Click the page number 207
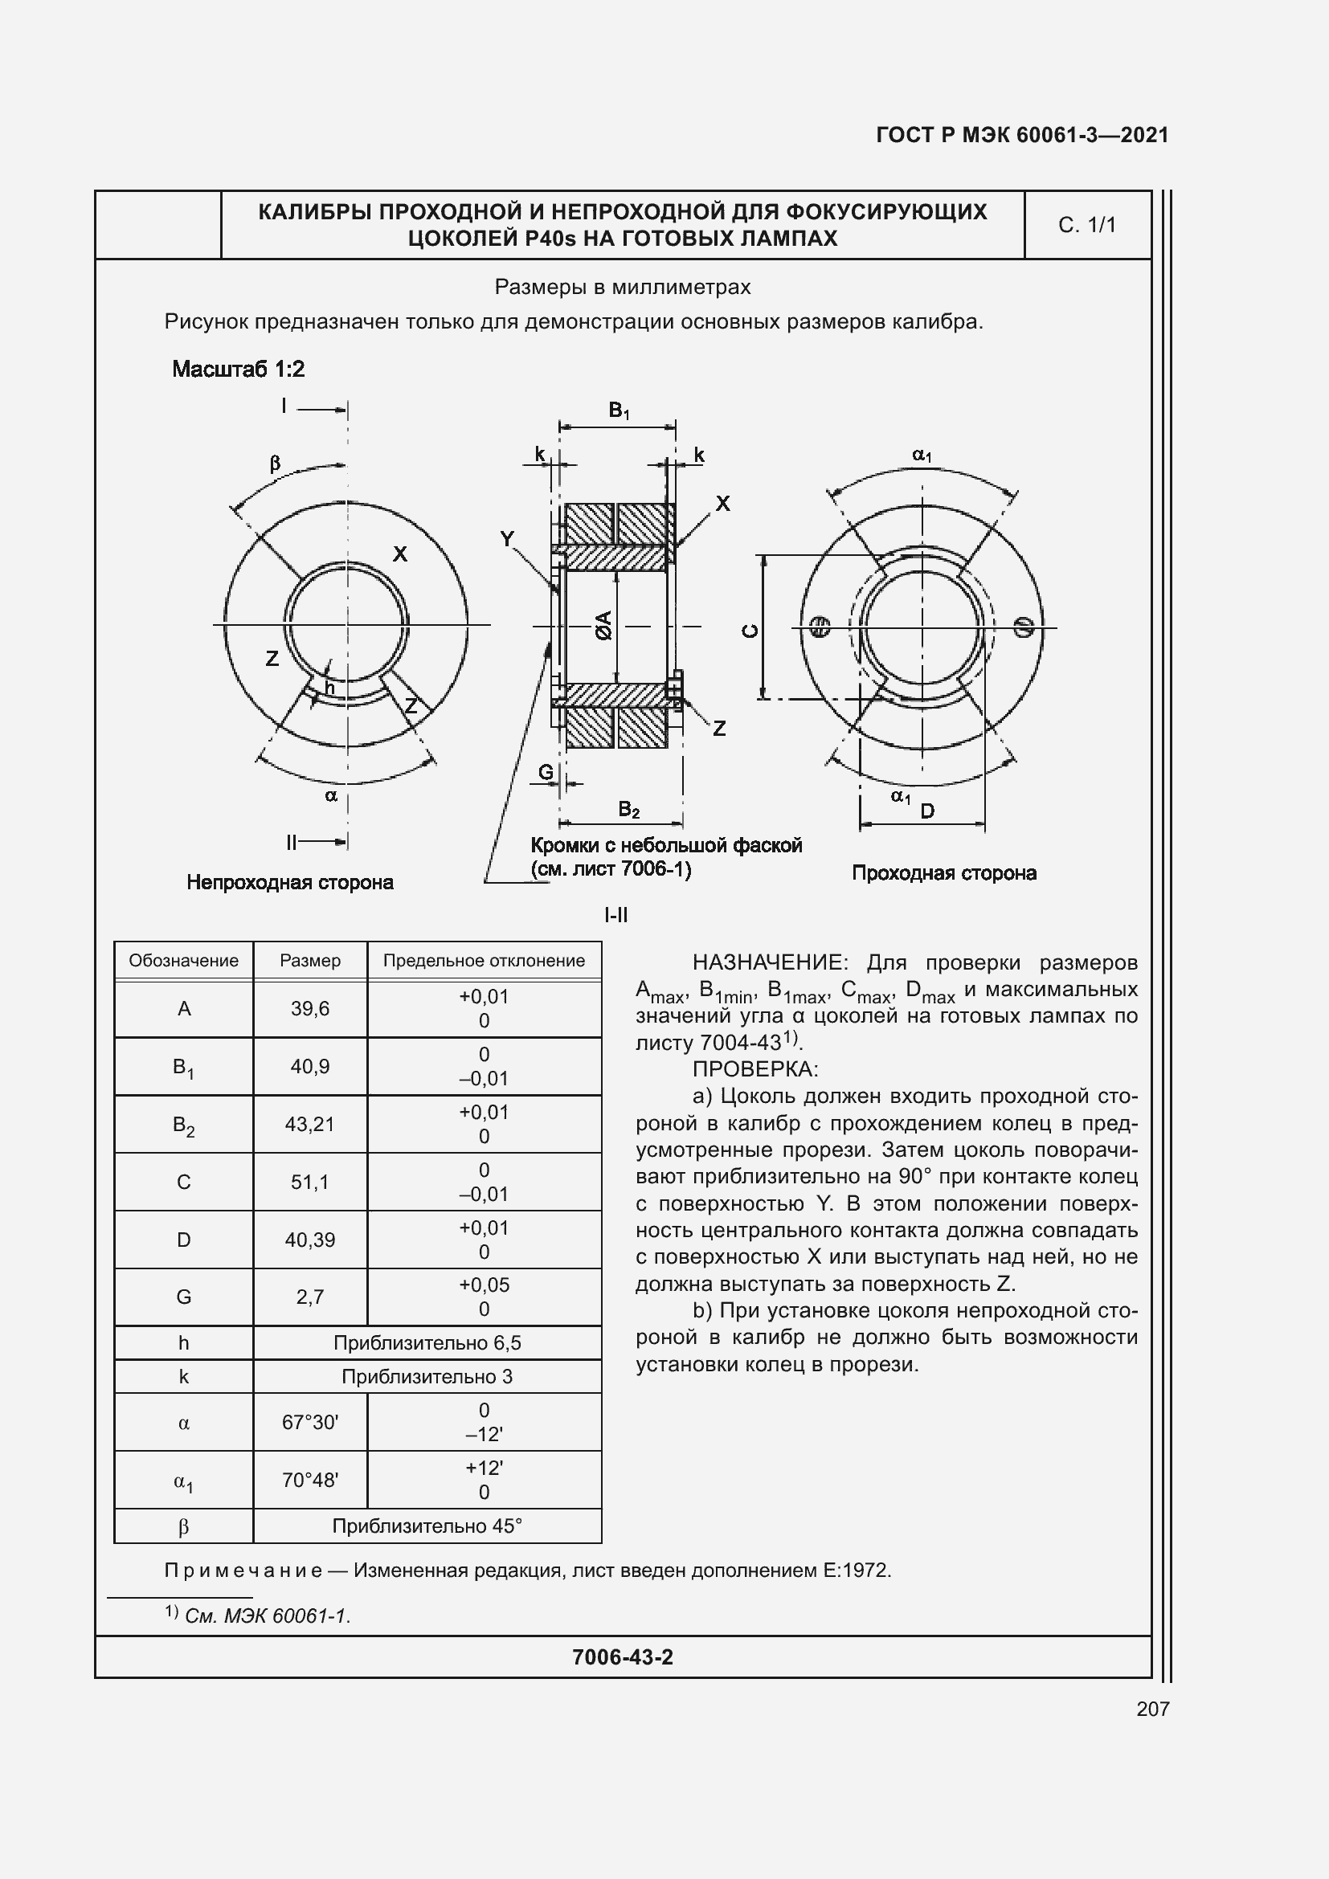point(1152,1708)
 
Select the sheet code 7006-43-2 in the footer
point(622,1657)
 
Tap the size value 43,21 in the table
point(309,1125)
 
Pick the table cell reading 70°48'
point(309,1480)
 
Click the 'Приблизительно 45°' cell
point(427,1526)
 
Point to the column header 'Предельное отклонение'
point(484,961)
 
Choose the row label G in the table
point(183,1297)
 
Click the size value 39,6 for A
point(309,1009)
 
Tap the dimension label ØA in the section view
point(604,625)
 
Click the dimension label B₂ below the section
point(628,811)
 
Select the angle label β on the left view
point(275,464)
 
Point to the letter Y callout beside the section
point(507,538)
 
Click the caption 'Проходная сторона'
point(943,873)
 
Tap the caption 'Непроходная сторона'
point(290,882)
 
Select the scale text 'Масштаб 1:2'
point(238,369)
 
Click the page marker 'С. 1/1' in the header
point(1087,225)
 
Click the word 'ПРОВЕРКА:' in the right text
point(754,1069)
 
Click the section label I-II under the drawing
point(615,915)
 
